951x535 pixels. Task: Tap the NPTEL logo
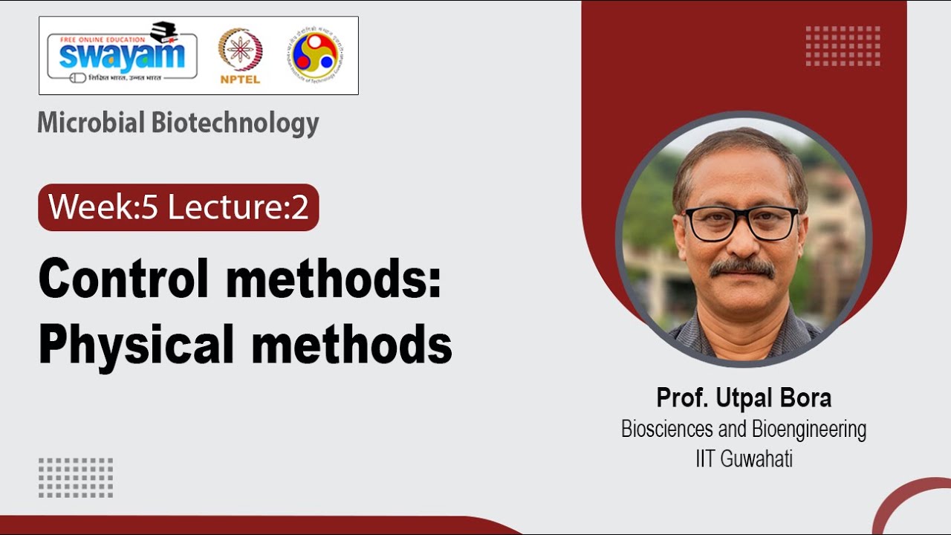239,56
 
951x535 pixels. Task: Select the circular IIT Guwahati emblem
317,55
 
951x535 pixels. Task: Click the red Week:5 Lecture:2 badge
178,207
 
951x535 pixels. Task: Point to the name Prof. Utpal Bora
744,398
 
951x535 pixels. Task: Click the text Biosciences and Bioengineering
744,429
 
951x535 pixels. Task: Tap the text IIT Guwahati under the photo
744,458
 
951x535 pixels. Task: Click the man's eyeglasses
740,223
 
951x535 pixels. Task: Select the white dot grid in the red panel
843,46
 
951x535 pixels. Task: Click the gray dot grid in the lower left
76,478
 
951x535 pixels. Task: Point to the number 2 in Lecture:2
299,207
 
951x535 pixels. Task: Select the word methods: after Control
345,280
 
